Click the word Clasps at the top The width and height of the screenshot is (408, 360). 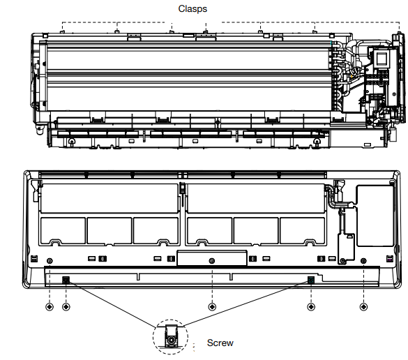coord(192,9)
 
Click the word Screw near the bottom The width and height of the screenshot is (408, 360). coord(220,343)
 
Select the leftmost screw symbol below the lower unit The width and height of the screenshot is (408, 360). coord(50,307)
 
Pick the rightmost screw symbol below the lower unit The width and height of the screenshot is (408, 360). coord(363,307)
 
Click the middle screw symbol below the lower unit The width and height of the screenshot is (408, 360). coord(212,307)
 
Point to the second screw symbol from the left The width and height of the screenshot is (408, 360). coord(66,307)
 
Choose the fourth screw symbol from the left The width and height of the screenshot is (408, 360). coord(311,307)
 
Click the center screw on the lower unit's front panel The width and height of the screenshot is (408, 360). coord(212,260)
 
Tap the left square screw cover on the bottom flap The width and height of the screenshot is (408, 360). coord(66,280)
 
